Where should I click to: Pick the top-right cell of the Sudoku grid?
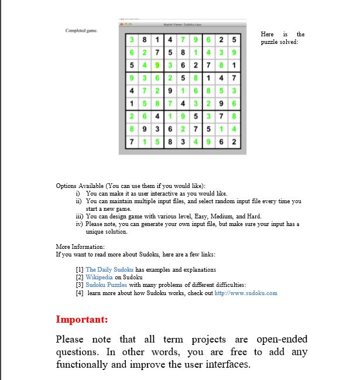click(234, 40)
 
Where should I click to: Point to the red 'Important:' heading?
click(81, 320)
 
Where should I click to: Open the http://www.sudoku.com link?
click(246, 293)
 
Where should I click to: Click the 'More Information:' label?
click(80, 247)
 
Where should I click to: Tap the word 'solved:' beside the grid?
click(293, 42)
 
